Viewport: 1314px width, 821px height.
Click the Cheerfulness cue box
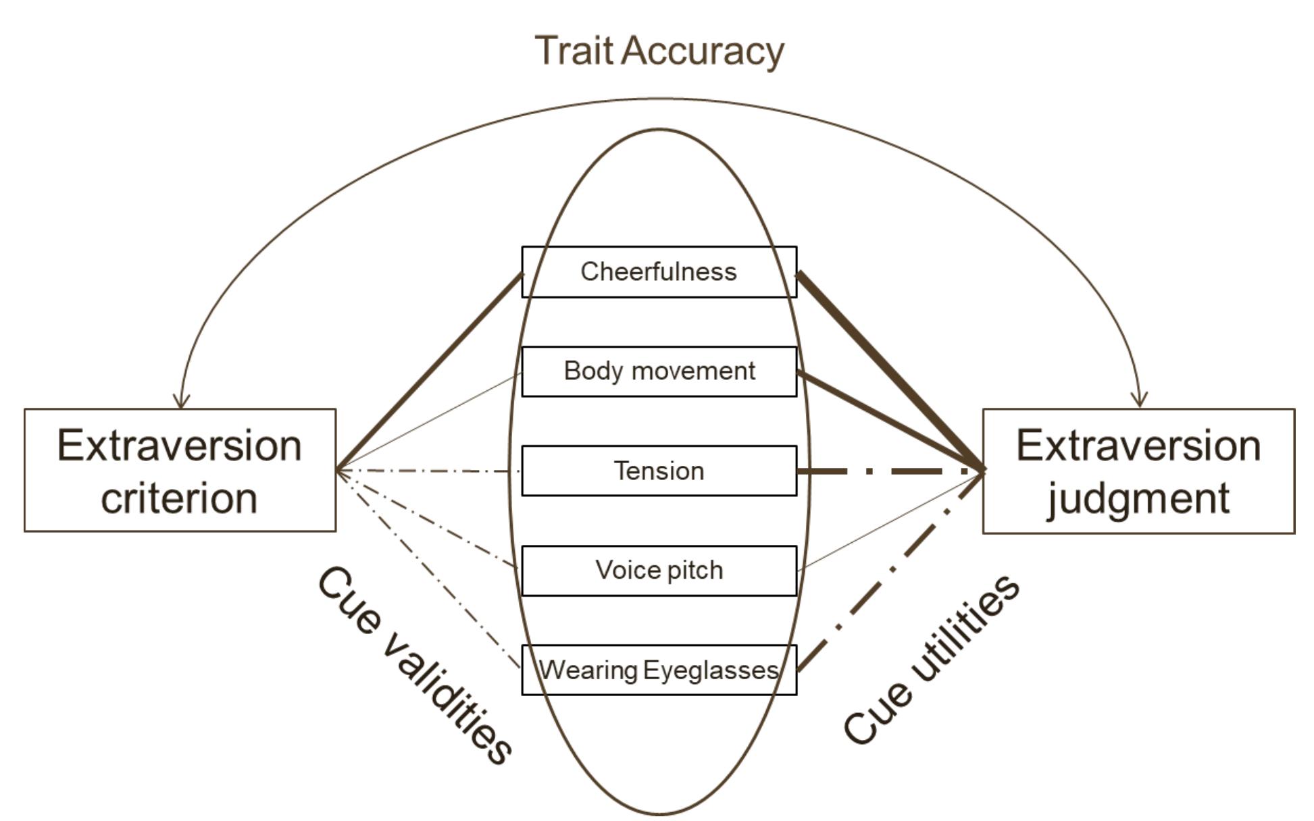pyautogui.click(x=659, y=271)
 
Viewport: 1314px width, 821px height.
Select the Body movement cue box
pyautogui.click(x=659, y=371)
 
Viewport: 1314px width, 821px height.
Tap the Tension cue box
pyautogui.click(x=659, y=471)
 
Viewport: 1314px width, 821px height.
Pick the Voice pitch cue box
pyautogui.click(x=659, y=571)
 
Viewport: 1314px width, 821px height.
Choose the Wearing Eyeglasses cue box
pyautogui.click(x=659, y=670)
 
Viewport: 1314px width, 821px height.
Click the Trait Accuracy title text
pyautogui.click(x=659, y=51)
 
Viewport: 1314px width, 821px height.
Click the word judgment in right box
pyautogui.click(x=1138, y=500)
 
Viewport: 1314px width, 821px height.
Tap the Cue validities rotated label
pyautogui.click(x=414, y=665)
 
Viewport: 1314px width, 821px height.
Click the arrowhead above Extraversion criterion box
pyautogui.click(x=180, y=401)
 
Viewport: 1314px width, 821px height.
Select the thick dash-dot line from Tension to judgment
pyautogui.click(x=892, y=471)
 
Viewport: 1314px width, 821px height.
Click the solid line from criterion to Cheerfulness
pyautogui.click(x=429, y=371)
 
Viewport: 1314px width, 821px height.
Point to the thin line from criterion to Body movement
pyautogui.click(x=429, y=421)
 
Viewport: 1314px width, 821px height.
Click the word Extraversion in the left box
pyautogui.click(x=179, y=446)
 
